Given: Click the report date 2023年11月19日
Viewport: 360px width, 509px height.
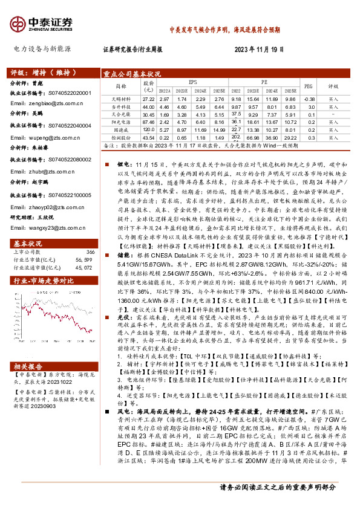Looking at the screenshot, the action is [260, 49].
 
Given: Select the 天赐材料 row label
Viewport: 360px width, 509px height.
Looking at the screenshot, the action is [122, 99].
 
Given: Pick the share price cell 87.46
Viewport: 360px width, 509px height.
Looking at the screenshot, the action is [148, 122].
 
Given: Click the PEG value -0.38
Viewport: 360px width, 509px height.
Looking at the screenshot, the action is [310, 99].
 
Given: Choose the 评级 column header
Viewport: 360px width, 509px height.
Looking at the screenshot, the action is [333, 86].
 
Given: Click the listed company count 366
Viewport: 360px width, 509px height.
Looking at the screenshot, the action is [90, 235].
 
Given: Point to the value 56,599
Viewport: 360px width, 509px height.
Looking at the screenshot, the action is [84, 242].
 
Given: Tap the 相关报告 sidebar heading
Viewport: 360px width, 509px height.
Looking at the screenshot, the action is [28, 366].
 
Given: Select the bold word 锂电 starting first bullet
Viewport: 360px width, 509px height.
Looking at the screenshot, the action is [120, 163].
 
